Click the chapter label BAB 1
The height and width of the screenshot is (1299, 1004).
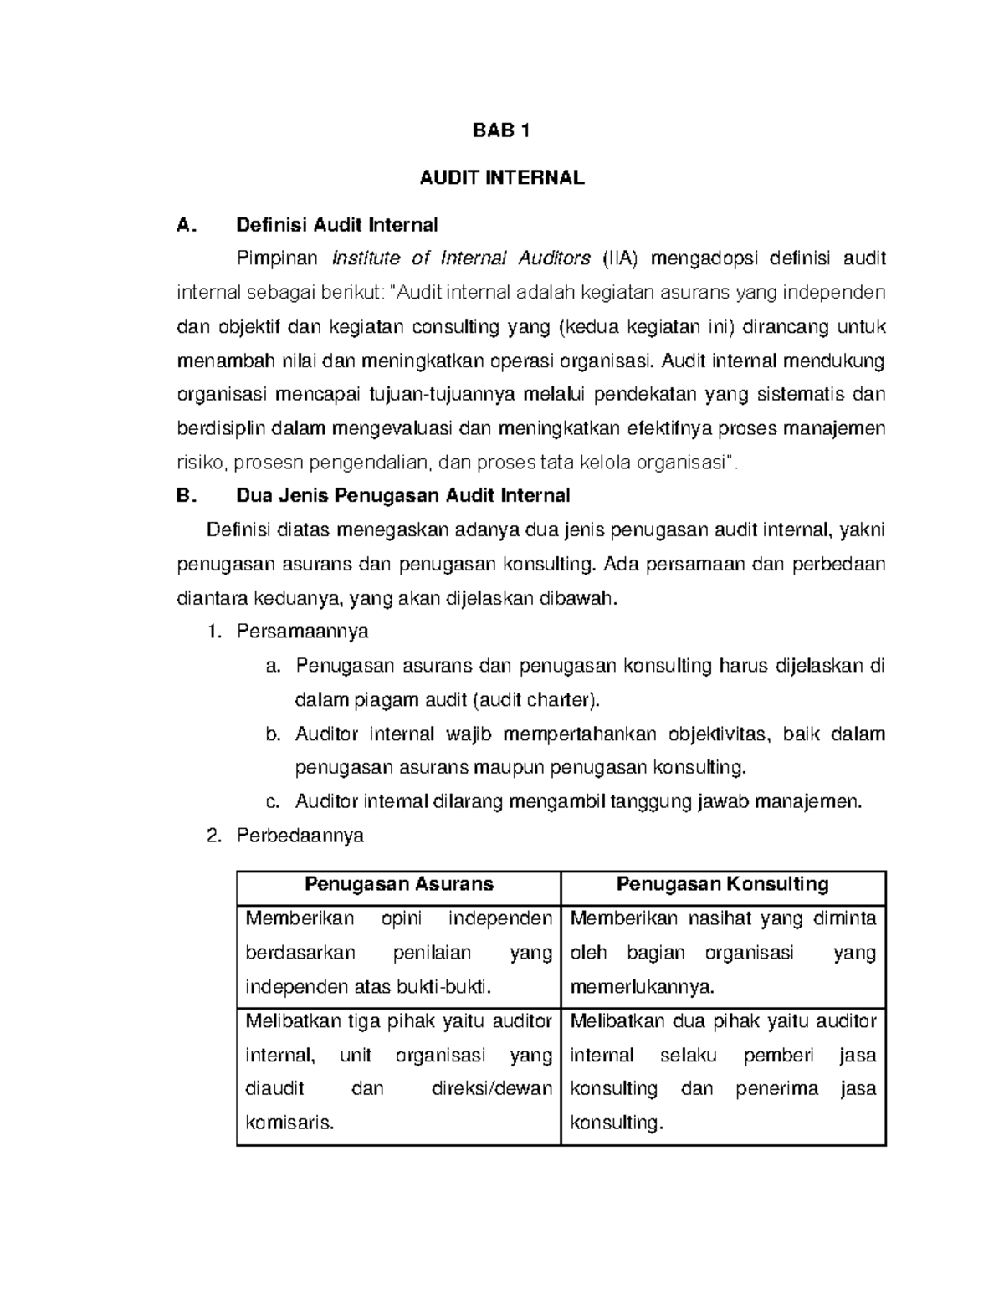tap(501, 130)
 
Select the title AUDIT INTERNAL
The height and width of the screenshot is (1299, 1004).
tap(501, 178)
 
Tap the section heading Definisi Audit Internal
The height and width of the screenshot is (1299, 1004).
tap(337, 225)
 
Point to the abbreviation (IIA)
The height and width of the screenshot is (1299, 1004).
tap(620, 258)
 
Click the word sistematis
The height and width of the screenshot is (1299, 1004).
tap(800, 394)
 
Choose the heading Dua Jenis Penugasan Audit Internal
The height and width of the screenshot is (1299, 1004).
tap(403, 496)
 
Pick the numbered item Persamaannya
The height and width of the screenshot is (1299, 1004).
tap(302, 632)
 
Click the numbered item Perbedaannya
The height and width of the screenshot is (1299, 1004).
tap(300, 836)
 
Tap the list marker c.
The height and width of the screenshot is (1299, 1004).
tap(271, 802)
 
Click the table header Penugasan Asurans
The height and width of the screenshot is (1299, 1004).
tap(399, 884)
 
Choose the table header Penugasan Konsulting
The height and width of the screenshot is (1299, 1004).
tap(723, 884)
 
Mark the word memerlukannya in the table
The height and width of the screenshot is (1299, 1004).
tap(643, 987)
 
